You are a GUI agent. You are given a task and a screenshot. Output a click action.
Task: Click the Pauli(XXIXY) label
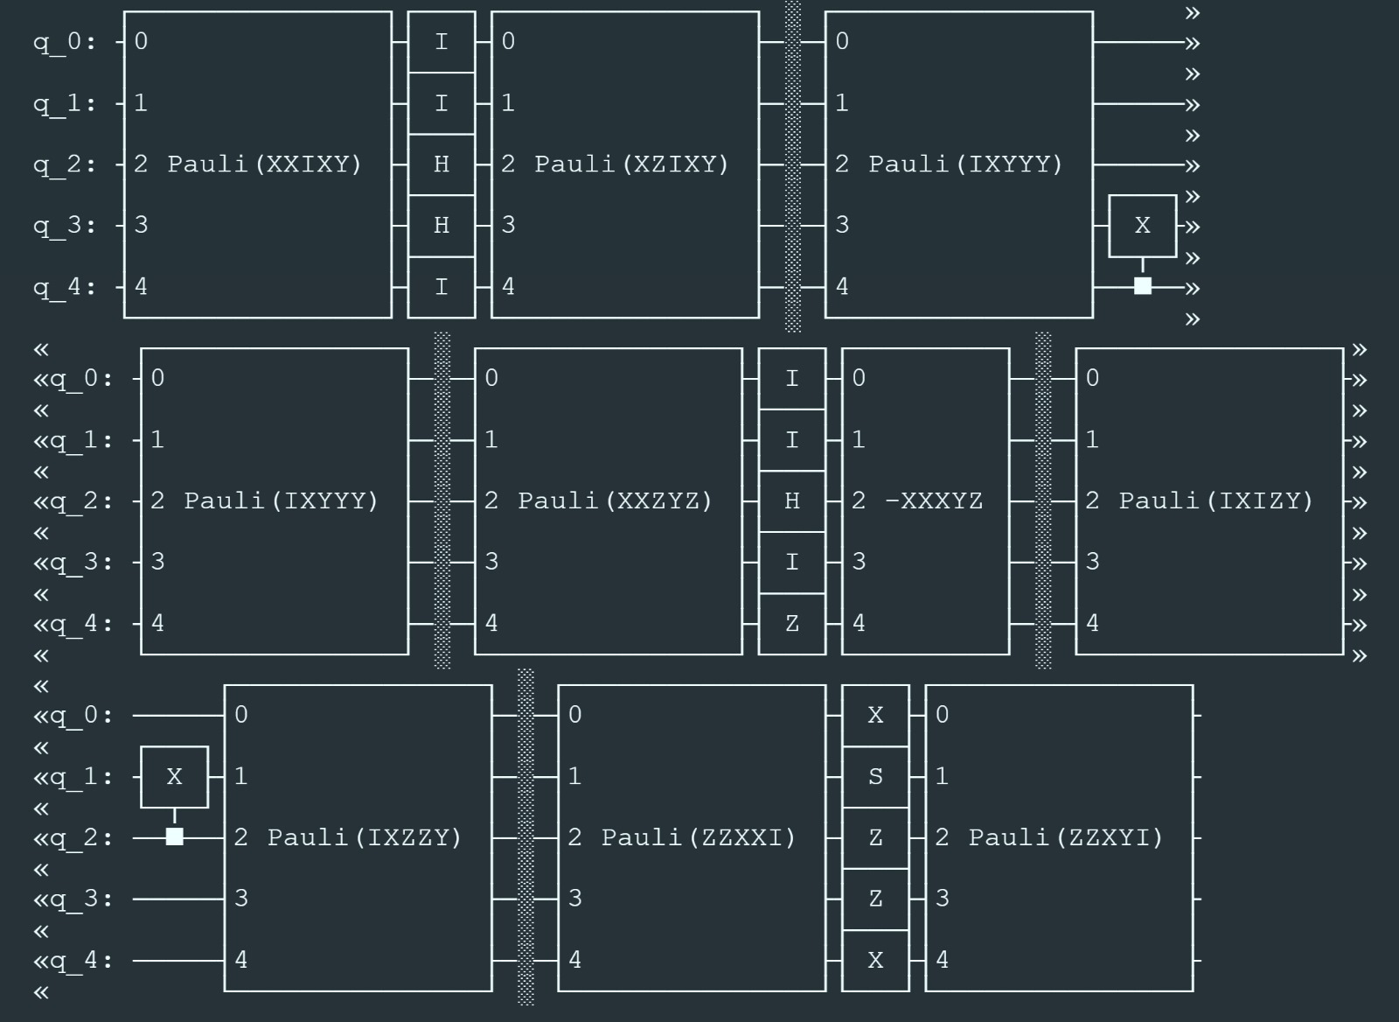tap(264, 164)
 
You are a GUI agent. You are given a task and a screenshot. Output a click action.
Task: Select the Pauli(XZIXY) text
tap(631, 164)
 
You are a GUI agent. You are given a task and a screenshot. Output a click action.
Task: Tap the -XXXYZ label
tap(934, 501)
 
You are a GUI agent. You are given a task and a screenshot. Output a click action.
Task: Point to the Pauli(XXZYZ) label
tap(615, 501)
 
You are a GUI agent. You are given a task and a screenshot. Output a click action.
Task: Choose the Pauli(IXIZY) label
tap(1216, 501)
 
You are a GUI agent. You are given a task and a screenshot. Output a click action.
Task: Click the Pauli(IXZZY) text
tap(364, 838)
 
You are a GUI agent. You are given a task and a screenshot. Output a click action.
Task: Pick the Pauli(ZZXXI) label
tap(698, 838)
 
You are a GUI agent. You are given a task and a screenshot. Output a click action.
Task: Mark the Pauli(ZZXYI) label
tap(1065, 838)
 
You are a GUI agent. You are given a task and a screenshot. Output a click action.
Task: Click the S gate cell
tap(875, 777)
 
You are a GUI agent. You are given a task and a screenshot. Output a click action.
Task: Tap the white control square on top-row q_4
tap(1142, 286)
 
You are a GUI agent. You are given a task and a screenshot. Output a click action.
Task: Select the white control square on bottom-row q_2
tap(174, 837)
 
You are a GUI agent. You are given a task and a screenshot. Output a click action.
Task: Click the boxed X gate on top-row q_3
tap(1142, 226)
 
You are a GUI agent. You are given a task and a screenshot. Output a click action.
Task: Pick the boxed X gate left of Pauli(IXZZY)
tap(174, 777)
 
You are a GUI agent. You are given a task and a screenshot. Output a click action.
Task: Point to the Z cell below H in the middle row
tap(792, 624)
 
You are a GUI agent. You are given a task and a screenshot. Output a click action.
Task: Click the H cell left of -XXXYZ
tap(792, 501)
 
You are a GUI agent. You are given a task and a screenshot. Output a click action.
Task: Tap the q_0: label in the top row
tap(65, 42)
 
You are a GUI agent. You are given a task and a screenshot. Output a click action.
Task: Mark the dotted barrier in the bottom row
tap(525, 838)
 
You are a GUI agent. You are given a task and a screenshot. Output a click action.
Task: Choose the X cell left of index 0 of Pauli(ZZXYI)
tap(875, 716)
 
